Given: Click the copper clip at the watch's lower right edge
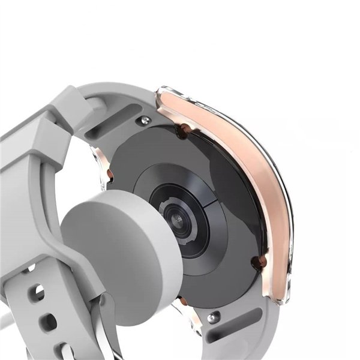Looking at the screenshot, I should click(x=259, y=260).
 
